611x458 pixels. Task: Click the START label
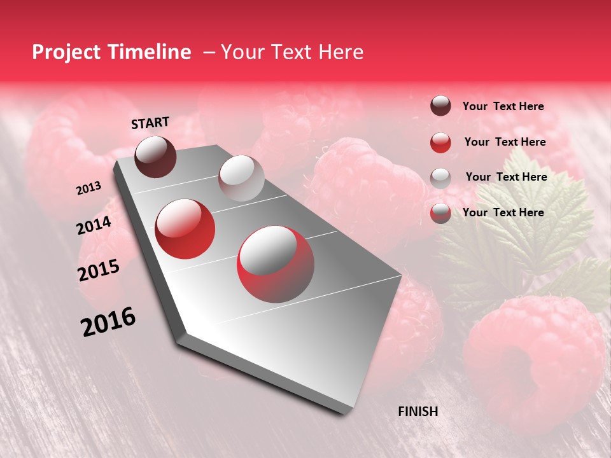[150, 123]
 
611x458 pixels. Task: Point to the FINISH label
[418, 412]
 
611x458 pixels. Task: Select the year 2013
[88, 188]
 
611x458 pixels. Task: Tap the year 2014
[94, 226]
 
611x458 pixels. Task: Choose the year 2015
[99, 270]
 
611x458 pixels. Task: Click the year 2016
[108, 322]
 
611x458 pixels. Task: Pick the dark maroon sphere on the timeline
[156, 156]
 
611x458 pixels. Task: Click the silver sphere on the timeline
[241, 178]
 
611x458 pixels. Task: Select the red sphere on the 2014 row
[185, 229]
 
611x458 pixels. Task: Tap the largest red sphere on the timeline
[276, 264]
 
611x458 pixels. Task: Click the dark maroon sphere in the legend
[440, 106]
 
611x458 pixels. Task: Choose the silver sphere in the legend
[440, 177]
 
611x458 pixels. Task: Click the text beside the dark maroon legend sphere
[503, 106]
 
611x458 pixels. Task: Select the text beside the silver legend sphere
[506, 177]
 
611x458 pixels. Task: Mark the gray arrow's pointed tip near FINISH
[346, 413]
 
